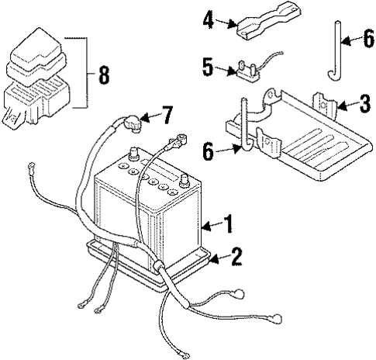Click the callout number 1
pyautogui.click(x=228, y=223)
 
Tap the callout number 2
pyautogui.click(x=236, y=257)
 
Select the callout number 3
pyautogui.click(x=364, y=103)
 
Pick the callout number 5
pyautogui.click(x=208, y=67)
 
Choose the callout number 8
pyautogui.click(x=104, y=74)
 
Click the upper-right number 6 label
pyautogui.click(x=368, y=38)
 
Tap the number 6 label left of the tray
pyautogui.click(x=209, y=151)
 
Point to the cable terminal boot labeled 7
pyautogui.click(x=133, y=123)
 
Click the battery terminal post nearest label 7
pyautogui.click(x=134, y=154)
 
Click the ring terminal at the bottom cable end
pyautogui.click(x=185, y=356)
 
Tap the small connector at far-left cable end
pyautogui.click(x=31, y=165)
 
